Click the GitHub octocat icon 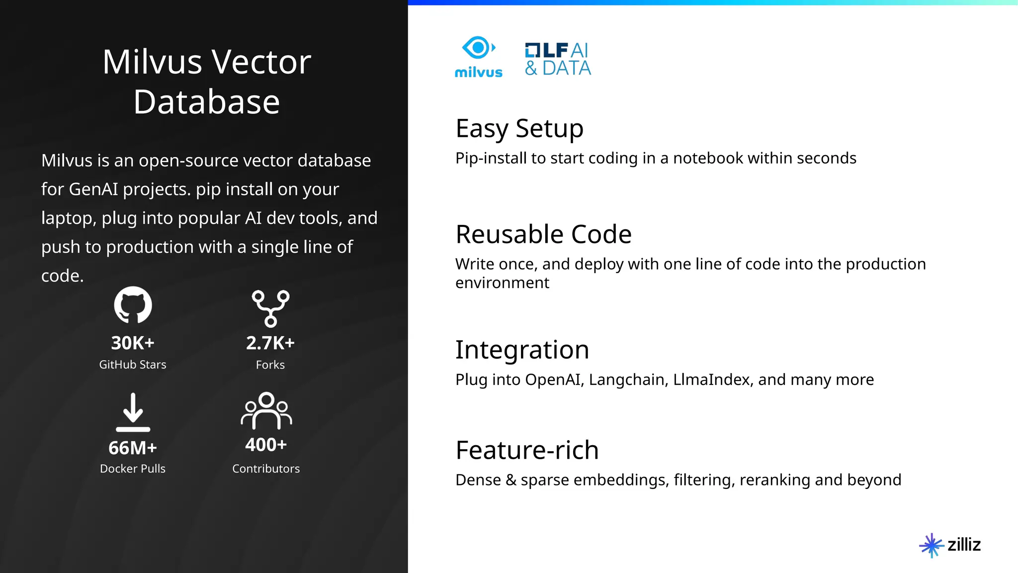[x=133, y=305]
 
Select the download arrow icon [x=133, y=412]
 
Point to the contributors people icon [x=266, y=411]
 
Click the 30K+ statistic [x=133, y=343]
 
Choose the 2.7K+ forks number [x=270, y=343]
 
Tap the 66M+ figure [x=133, y=448]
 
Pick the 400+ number [x=266, y=444]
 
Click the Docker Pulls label [x=133, y=469]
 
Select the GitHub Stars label [x=133, y=365]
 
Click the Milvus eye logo [x=478, y=49]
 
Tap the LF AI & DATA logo [x=558, y=59]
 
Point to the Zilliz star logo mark [x=931, y=545]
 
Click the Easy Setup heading [x=519, y=129]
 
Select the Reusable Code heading [x=543, y=234]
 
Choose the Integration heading [x=522, y=350]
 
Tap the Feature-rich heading [x=527, y=450]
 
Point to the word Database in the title [x=207, y=102]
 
